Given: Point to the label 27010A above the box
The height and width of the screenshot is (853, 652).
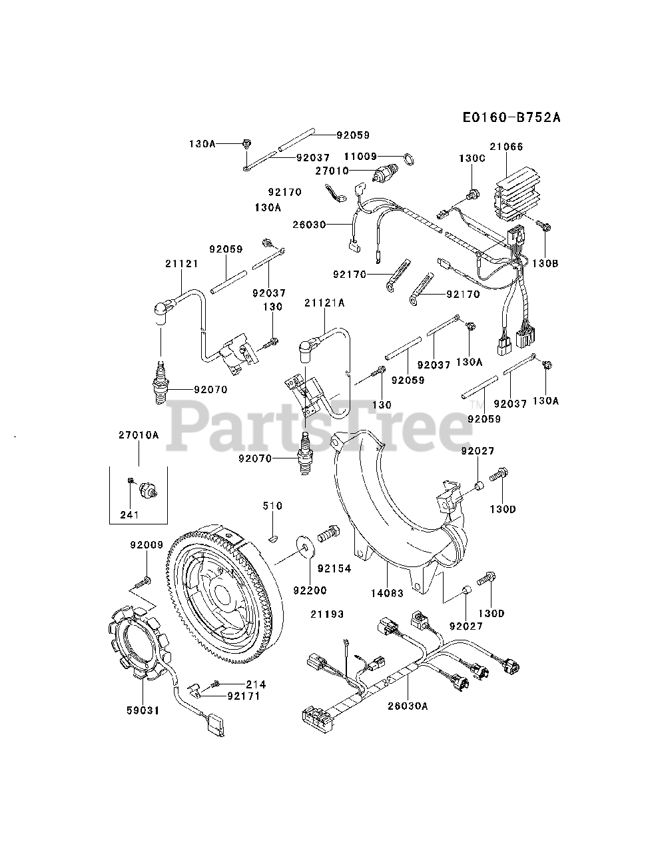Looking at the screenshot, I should click(x=139, y=434).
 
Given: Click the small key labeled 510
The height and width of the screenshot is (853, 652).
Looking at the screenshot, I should click(x=272, y=506).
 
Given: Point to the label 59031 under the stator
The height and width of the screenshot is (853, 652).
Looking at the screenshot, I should click(x=143, y=710).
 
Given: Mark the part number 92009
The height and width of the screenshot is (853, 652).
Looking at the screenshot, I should click(x=147, y=545).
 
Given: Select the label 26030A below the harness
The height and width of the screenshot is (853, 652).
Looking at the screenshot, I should click(x=408, y=705).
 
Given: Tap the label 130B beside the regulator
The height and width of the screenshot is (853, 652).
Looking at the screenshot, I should click(x=545, y=263).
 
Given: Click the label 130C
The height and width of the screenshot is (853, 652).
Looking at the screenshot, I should click(x=472, y=159).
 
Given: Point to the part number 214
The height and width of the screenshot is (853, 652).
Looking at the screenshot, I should click(x=255, y=684).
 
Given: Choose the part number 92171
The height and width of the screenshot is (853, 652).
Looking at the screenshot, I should click(x=243, y=696).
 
